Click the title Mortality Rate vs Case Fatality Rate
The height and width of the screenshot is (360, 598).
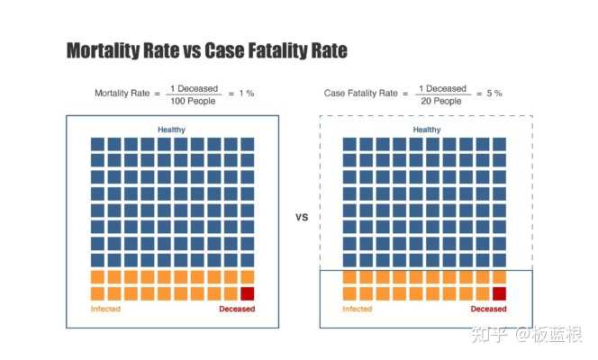point(206,51)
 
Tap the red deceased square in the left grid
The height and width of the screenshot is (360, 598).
point(247,293)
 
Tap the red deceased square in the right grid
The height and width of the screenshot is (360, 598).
point(498,293)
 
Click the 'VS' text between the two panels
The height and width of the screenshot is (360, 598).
point(302,217)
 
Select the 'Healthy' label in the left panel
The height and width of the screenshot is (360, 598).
point(171,130)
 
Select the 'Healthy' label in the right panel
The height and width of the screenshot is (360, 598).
point(427,130)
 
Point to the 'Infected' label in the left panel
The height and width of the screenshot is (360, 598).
point(105,309)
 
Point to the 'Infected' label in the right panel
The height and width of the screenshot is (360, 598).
point(357,309)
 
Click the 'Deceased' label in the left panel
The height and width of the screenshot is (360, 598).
point(237,309)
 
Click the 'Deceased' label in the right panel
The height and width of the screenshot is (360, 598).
point(487,309)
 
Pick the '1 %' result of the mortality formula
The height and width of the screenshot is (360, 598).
point(244,94)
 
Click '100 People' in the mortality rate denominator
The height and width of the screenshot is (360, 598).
point(191,100)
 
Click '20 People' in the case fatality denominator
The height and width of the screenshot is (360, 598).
point(441,100)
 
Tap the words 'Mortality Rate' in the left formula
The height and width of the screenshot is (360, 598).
point(122,94)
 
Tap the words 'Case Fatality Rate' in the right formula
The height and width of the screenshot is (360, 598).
point(361,94)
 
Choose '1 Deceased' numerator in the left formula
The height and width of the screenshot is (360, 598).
point(191,88)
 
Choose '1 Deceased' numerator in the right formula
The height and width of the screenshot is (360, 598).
point(441,88)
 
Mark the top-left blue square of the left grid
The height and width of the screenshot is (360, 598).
point(97,144)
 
